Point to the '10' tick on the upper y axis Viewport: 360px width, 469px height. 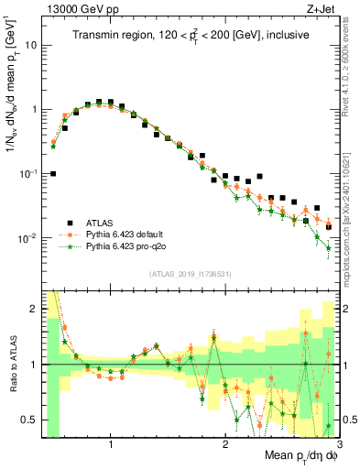32,44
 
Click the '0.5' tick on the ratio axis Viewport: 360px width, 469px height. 29,420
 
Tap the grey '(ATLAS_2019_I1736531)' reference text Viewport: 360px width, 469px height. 190,273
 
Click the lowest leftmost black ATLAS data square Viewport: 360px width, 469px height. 53,173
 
